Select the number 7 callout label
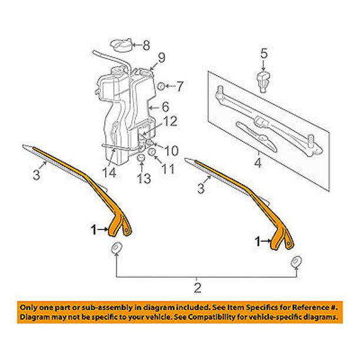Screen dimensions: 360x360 (180, 86)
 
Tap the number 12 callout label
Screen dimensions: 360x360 (170, 121)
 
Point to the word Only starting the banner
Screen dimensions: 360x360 (30, 307)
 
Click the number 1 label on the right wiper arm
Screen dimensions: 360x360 (257, 241)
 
